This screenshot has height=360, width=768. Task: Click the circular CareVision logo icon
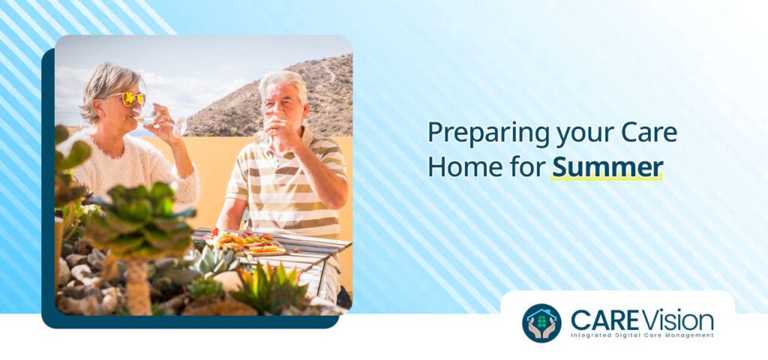pos(541,322)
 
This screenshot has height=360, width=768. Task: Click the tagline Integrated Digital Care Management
pos(642,335)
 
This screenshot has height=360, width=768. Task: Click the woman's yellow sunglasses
pos(125,98)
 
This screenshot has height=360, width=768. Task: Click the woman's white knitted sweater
pos(127,165)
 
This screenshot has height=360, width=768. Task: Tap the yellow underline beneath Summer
pos(607,178)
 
